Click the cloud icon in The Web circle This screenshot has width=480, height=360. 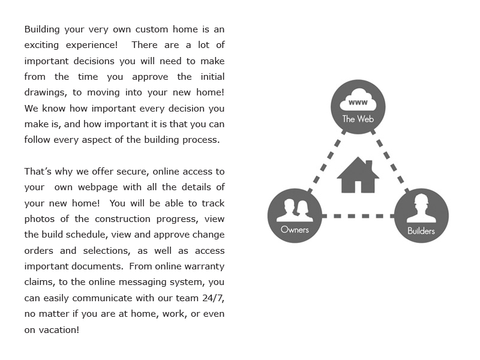[x=358, y=100]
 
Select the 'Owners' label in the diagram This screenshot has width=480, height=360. [x=295, y=229]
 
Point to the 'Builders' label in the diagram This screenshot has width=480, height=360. [x=421, y=231]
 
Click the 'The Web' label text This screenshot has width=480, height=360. [x=358, y=119]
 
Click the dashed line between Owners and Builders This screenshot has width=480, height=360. [x=358, y=215]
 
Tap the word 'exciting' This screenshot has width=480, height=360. [x=43, y=45]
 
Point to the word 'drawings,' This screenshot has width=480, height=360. [x=47, y=92]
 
